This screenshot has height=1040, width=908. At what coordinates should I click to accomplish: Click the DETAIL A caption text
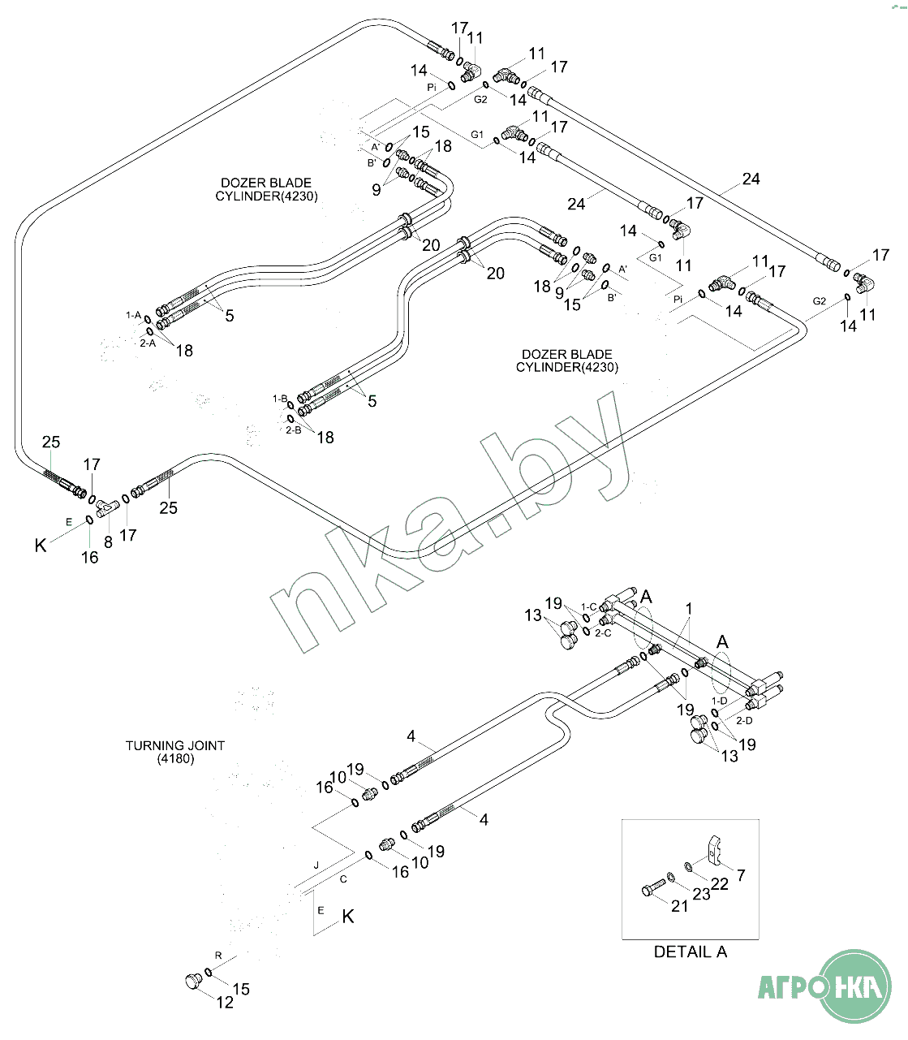pyautogui.click(x=690, y=952)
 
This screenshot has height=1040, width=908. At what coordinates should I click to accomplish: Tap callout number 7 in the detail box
pyautogui.click(x=741, y=875)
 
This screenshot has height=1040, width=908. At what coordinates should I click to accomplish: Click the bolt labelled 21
pyautogui.click(x=653, y=887)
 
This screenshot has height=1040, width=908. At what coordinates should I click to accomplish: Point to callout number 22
pyautogui.click(x=720, y=883)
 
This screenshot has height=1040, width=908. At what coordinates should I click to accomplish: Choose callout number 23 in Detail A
pyautogui.click(x=701, y=893)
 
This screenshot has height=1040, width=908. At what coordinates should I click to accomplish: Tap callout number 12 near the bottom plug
pyautogui.click(x=225, y=1003)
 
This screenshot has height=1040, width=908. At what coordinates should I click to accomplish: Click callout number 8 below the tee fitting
pyautogui.click(x=108, y=542)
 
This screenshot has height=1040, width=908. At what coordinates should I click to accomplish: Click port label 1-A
pyautogui.click(x=133, y=314)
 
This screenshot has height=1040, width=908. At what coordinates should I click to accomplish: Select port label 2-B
pyautogui.click(x=294, y=429)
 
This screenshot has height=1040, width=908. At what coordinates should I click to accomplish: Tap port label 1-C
pyautogui.click(x=588, y=606)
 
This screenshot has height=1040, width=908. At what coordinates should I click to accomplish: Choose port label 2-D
pyautogui.click(x=744, y=720)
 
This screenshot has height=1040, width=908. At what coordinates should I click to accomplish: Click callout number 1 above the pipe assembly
pyautogui.click(x=689, y=608)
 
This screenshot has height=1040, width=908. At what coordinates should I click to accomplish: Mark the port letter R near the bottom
pyautogui.click(x=218, y=955)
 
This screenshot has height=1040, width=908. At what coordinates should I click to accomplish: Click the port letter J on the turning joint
pyautogui.click(x=316, y=865)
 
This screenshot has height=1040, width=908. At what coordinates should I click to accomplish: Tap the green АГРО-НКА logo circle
pyautogui.click(x=854, y=986)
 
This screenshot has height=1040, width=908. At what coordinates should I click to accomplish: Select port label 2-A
pyautogui.click(x=148, y=343)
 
